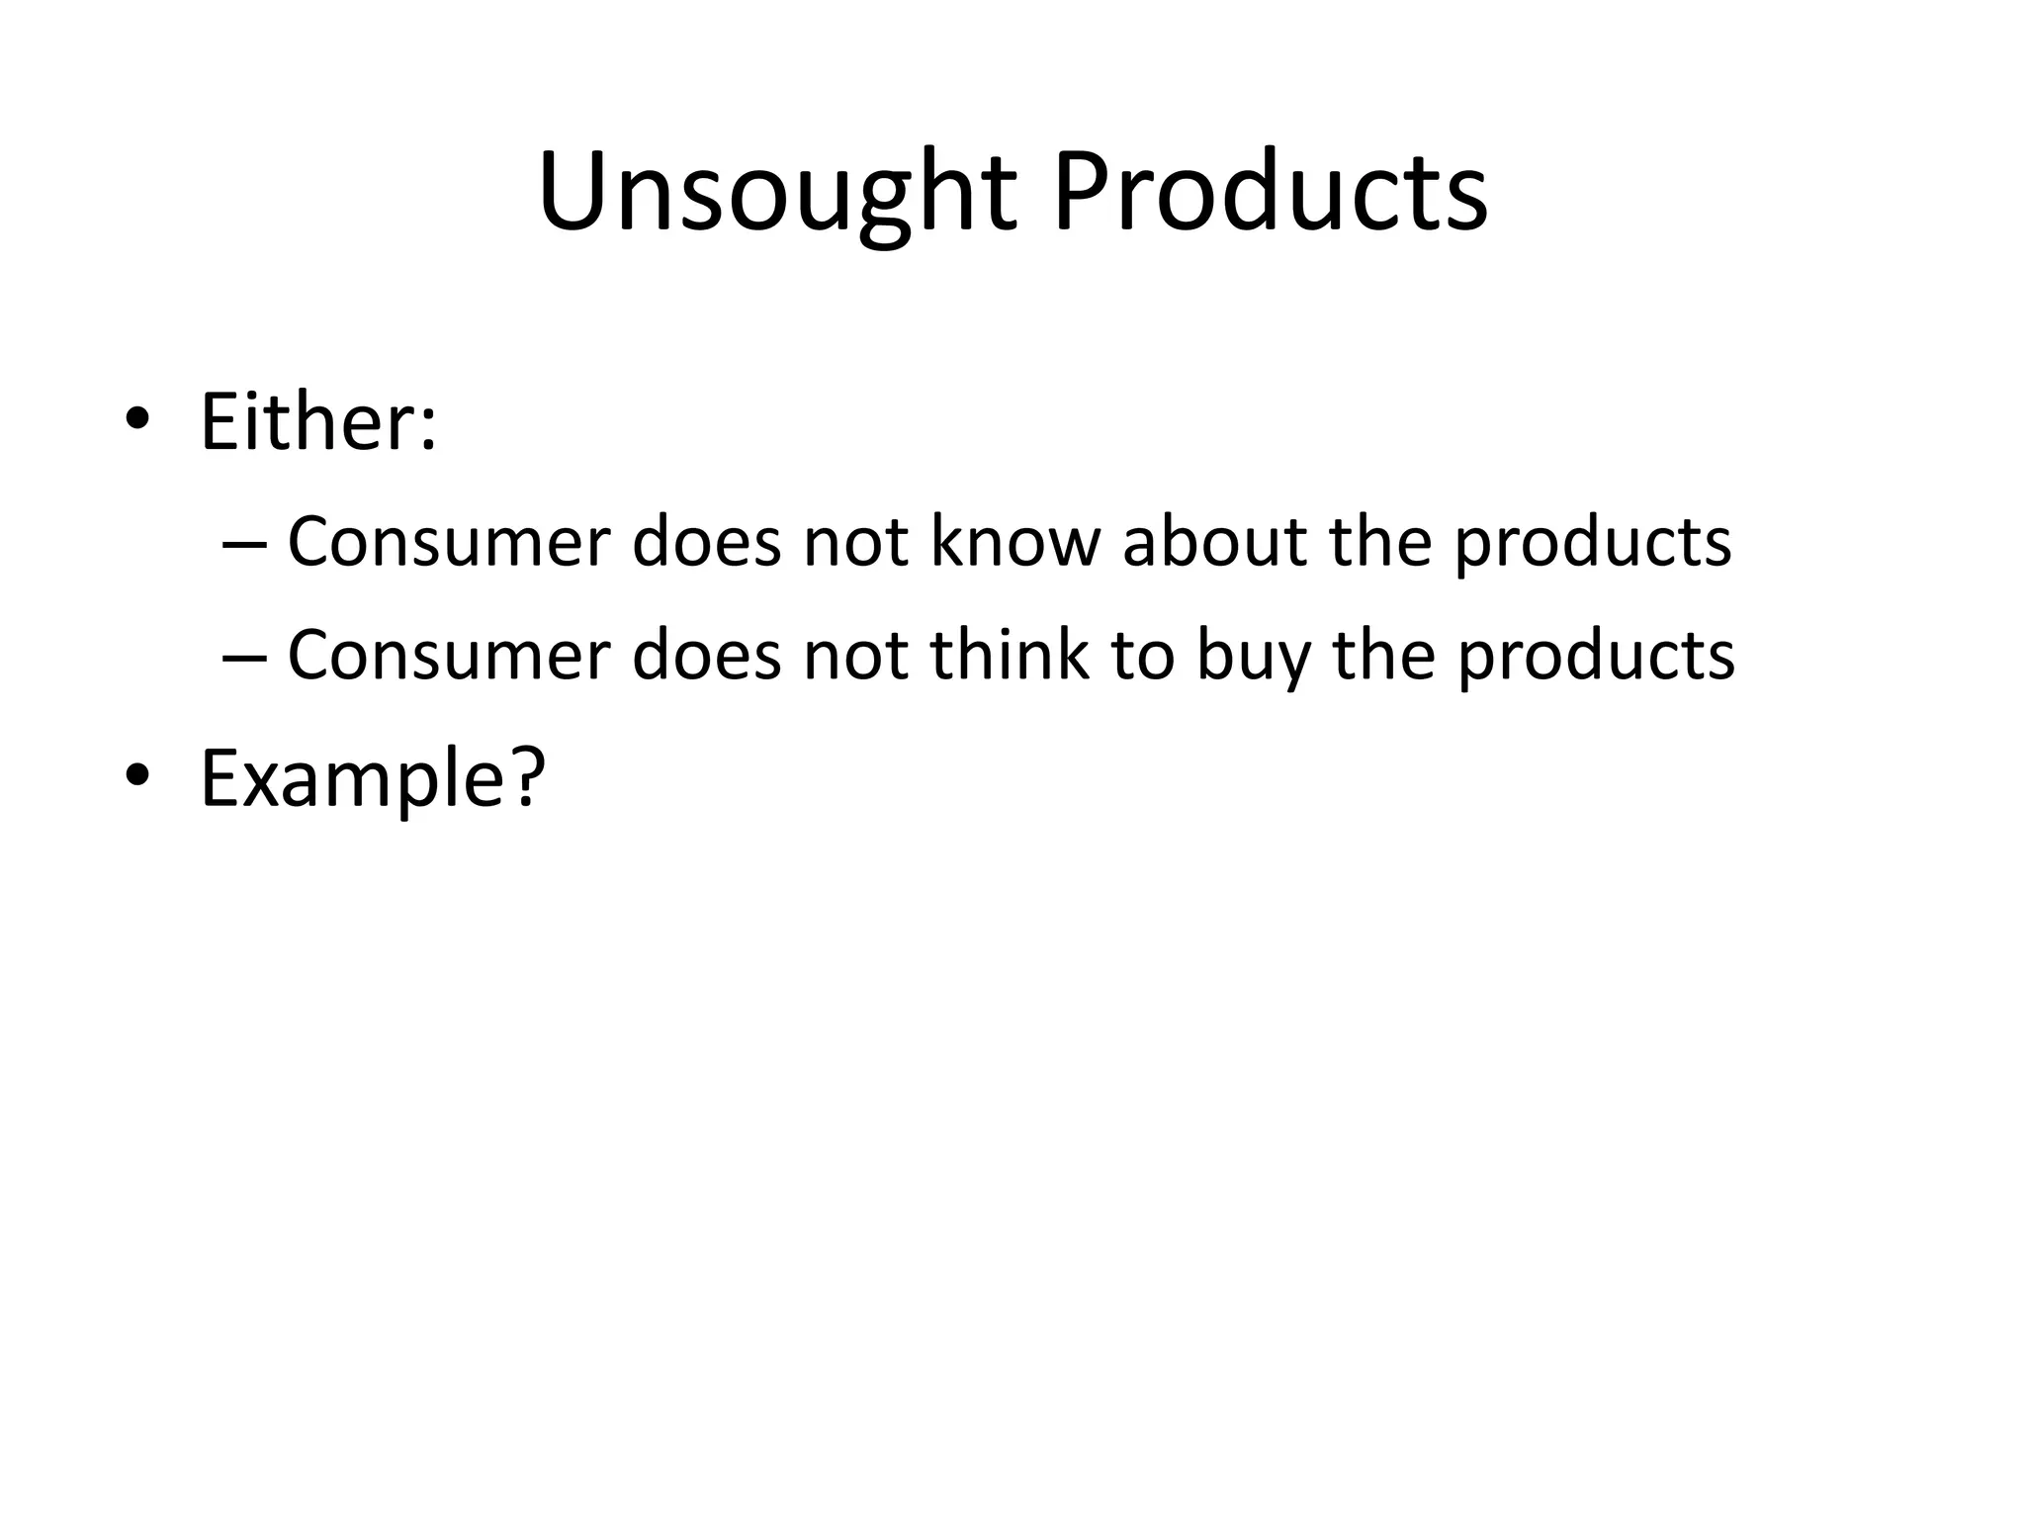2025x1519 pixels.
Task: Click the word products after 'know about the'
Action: pyautogui.click(x=1592, y=544)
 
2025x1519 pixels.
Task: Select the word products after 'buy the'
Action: pyautogui.click(x=1596, y=657)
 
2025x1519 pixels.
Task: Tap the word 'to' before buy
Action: pyautogui.click(x=1144, y=657)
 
